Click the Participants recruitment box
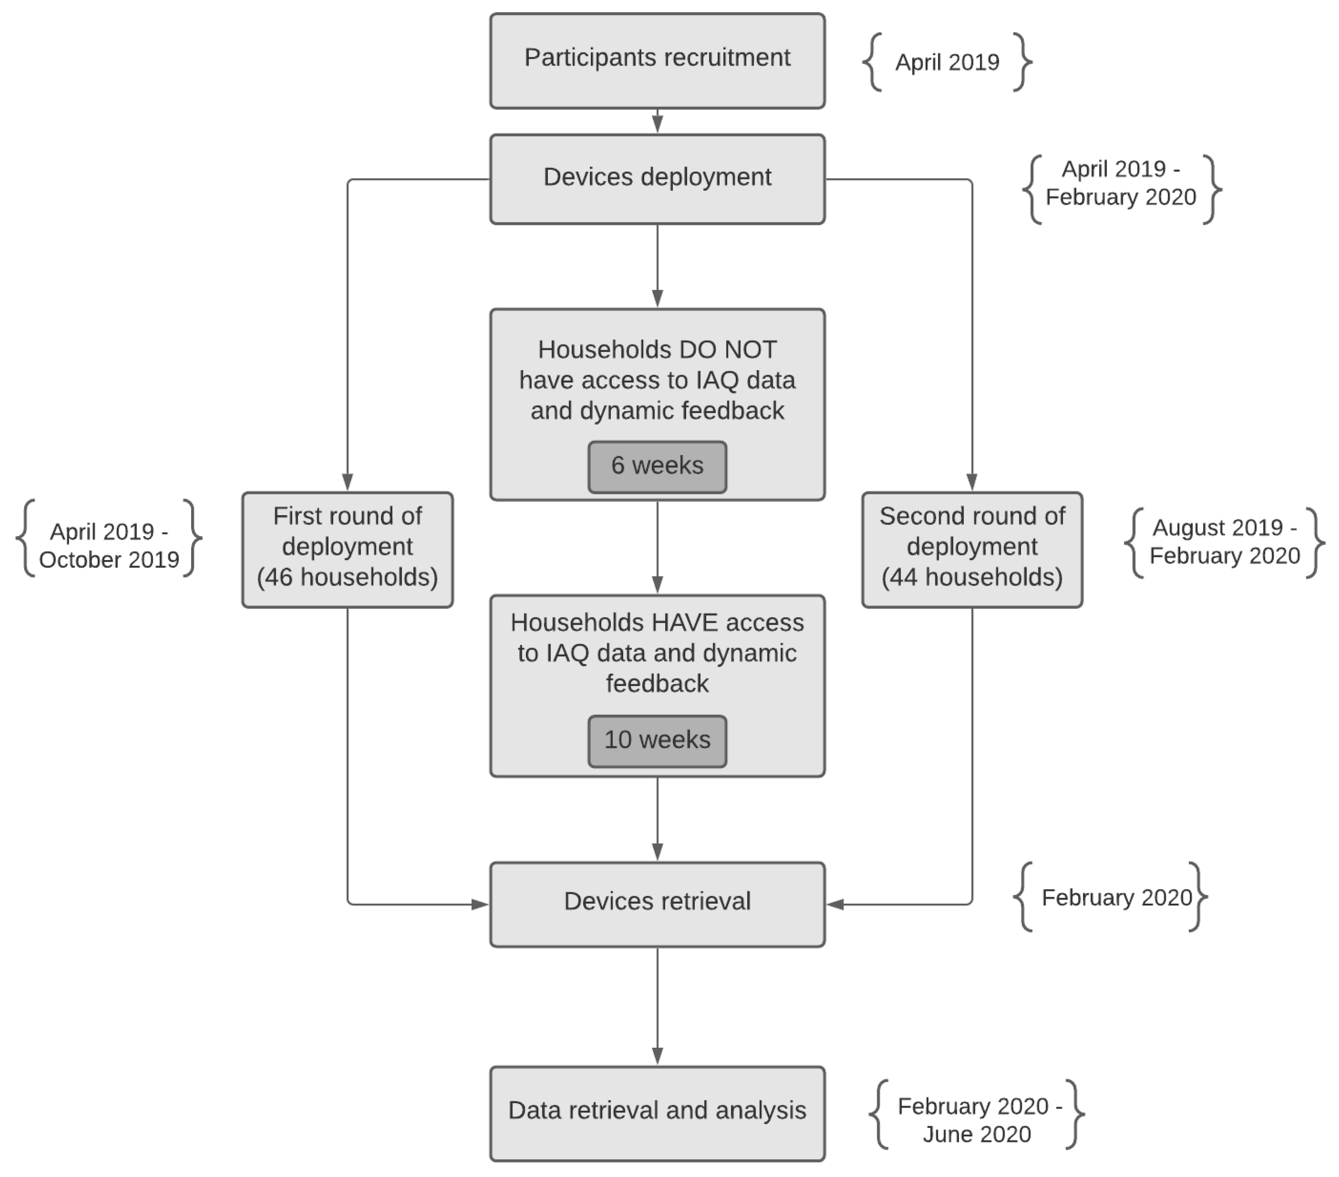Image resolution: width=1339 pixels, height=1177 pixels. (x=657, y=60)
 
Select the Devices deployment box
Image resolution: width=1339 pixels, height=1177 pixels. (x=657, y=179)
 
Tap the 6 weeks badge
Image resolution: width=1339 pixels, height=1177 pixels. (x=657, y=466)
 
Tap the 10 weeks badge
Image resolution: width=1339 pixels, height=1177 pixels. (x=657, y=741)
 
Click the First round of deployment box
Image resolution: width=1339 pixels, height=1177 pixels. (x=347, y=549)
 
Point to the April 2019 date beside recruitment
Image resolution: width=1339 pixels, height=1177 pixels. (x=947, y=62)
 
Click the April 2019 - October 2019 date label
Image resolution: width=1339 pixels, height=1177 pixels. (x=109, y=545)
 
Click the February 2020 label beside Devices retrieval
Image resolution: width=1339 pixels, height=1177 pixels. (x=1116, y=897)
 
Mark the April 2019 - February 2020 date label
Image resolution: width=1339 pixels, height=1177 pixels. (x=1121, y=183)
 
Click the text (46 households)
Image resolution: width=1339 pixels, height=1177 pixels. (x=347, y=577)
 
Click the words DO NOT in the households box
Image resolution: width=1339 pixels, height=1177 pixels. (x=728, y=350)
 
